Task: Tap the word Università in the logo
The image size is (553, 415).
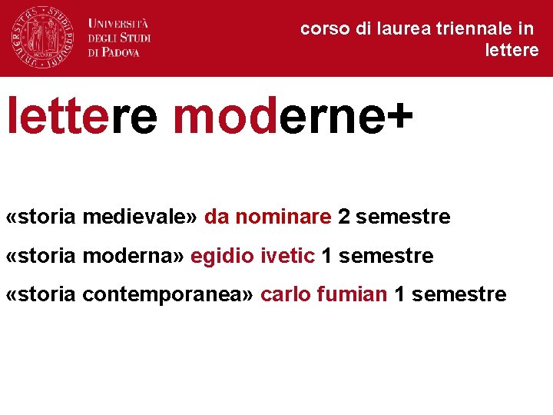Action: [118, 23]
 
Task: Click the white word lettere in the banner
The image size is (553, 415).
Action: [512, 51]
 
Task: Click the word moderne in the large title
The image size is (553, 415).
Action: [278, 117]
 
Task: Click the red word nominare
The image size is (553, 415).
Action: [283, 217]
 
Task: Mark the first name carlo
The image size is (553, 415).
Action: [284, 294]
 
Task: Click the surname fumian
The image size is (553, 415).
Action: [352, 294]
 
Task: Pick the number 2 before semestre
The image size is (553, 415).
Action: [343, 217]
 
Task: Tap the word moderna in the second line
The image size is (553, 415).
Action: [133, 256]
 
